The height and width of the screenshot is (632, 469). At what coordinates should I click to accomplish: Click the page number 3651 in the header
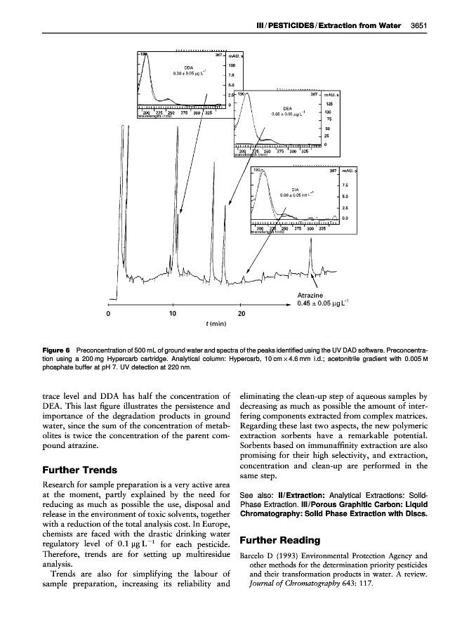click(419, 27)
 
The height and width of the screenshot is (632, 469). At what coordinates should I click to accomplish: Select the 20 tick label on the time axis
click(242, 313)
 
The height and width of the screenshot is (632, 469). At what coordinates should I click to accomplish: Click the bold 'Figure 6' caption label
click(55, 349)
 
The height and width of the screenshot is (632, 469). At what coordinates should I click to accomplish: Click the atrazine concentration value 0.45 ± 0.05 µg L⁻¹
click(326, 304)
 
